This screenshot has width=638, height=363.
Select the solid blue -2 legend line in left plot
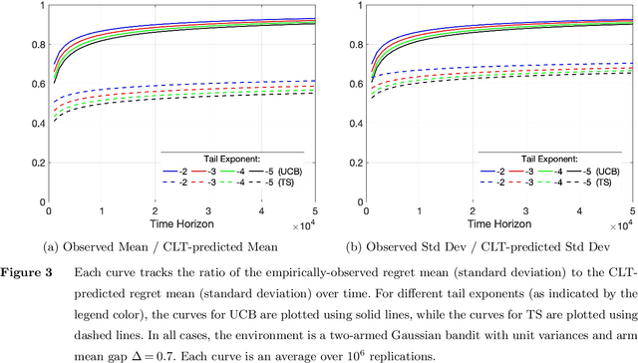tap(172, 172)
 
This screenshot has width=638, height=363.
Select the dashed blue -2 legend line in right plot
tap(488, 184)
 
